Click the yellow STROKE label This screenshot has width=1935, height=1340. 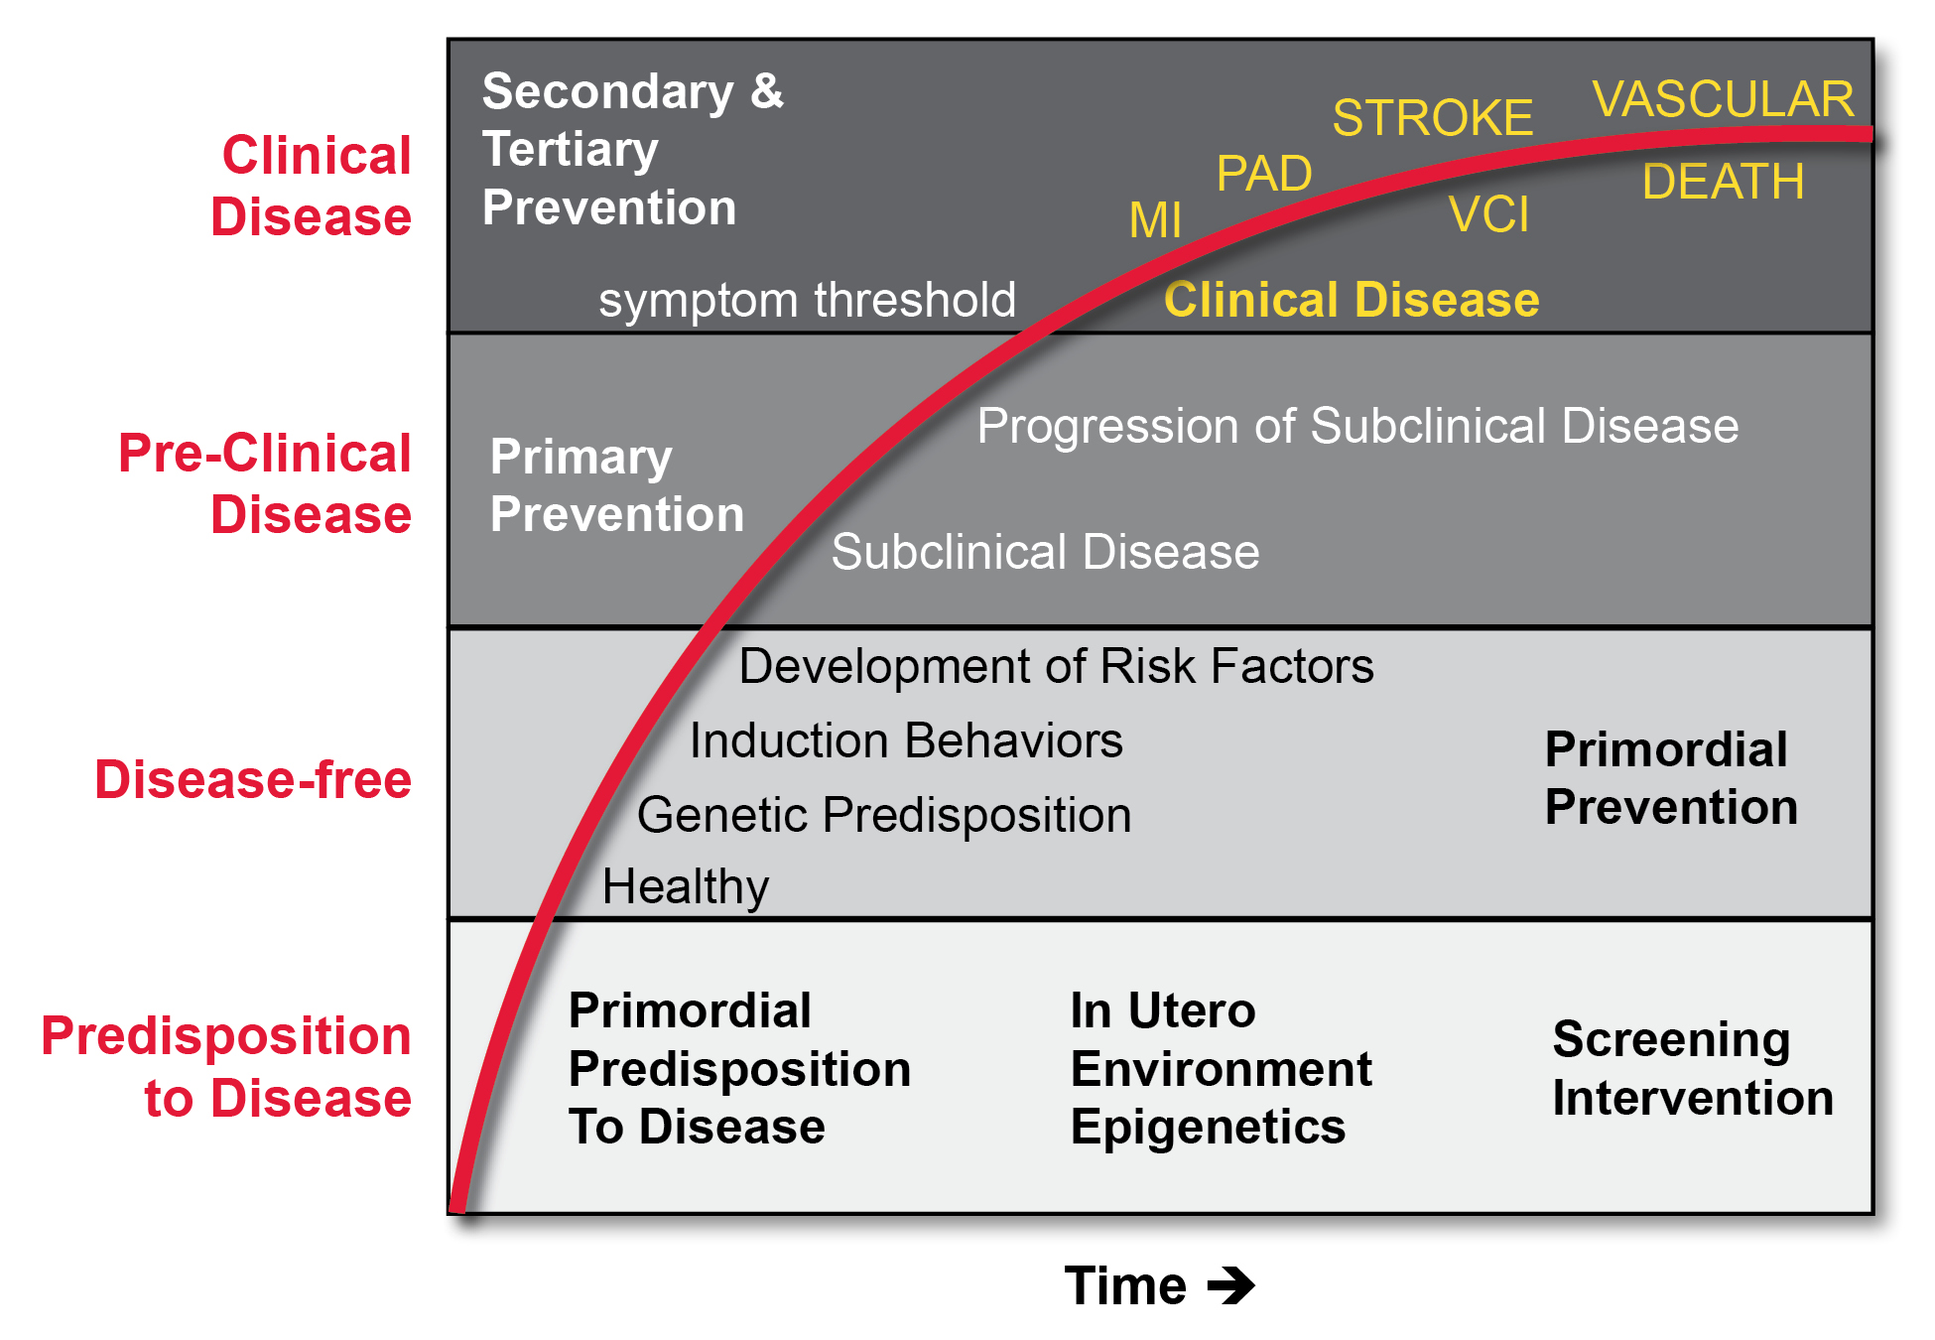[x=1432, y=118]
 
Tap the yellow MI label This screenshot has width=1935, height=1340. [x=1155, y=220]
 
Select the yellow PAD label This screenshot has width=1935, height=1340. [x=1264, y=175]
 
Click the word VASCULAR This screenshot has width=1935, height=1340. [x=1723, y=99]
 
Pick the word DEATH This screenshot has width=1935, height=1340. [x=1723, y=183]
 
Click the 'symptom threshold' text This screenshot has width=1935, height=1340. [x=807, y=300]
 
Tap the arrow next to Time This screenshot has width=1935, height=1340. [x=1231, y=1285]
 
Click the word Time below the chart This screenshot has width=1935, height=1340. [x=1125, y=1285]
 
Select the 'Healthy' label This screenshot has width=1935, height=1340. [x=686, y=886]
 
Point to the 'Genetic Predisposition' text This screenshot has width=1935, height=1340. [x=884, y=815]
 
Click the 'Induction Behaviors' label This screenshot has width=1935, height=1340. [x=906, y=740]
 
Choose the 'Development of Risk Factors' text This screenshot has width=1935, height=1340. [x=1056, y=666]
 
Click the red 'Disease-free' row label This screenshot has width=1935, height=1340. [x=253, y=779]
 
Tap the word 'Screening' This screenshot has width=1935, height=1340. [x=1671, y=1040]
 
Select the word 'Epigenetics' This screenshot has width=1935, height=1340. [x=1208, y=1128]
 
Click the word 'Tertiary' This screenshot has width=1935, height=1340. [x=571, y=150]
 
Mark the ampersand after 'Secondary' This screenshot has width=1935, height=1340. [x=766, y=91]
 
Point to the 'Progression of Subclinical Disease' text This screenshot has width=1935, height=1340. [x=1357, y=426]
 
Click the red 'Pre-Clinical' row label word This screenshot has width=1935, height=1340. [x=264, y=454]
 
